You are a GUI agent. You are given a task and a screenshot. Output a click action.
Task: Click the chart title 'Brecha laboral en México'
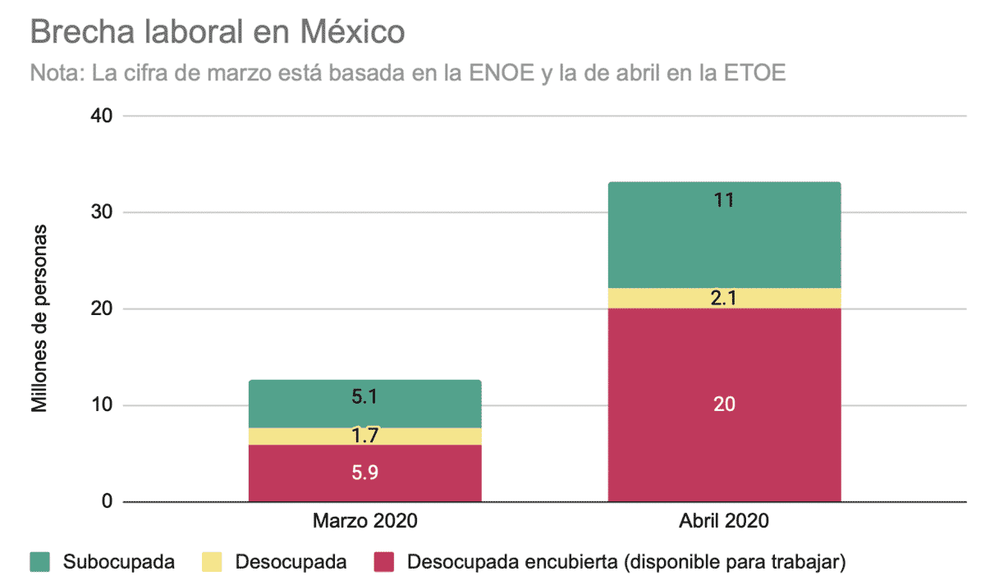click(218, 33)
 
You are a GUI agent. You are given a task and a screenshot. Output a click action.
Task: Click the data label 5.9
click(364, 473)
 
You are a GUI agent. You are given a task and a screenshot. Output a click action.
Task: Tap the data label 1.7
click(364, 436)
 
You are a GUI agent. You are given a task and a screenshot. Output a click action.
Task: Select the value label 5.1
click(364, 396)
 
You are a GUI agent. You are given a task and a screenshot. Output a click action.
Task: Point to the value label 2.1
click(724, 299)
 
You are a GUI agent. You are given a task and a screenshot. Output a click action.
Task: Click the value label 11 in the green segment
click(724, 200)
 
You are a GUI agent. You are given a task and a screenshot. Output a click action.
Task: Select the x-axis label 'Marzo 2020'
click(364, 522)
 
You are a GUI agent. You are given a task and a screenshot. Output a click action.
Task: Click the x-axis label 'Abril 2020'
click(724, 522)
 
